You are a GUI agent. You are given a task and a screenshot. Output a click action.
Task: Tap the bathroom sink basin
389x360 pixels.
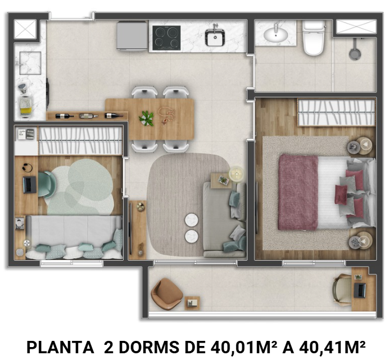coord(275,35)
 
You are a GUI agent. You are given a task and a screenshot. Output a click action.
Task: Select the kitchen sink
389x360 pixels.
coord(215,38)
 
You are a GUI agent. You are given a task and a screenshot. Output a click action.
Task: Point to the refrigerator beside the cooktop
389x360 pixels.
coord(133,35)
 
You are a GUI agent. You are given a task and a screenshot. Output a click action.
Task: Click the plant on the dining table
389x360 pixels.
coord(147,118)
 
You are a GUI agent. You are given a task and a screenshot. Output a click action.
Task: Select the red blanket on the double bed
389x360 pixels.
coord(298,192)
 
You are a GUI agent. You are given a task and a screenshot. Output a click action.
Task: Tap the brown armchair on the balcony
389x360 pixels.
coord(166,292)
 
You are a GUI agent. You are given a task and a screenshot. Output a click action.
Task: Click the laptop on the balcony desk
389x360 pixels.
coord(359,290)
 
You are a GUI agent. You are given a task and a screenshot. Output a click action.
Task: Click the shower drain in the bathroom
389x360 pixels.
coord(354,54)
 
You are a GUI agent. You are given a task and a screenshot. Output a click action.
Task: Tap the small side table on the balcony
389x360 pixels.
coord(192,303)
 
